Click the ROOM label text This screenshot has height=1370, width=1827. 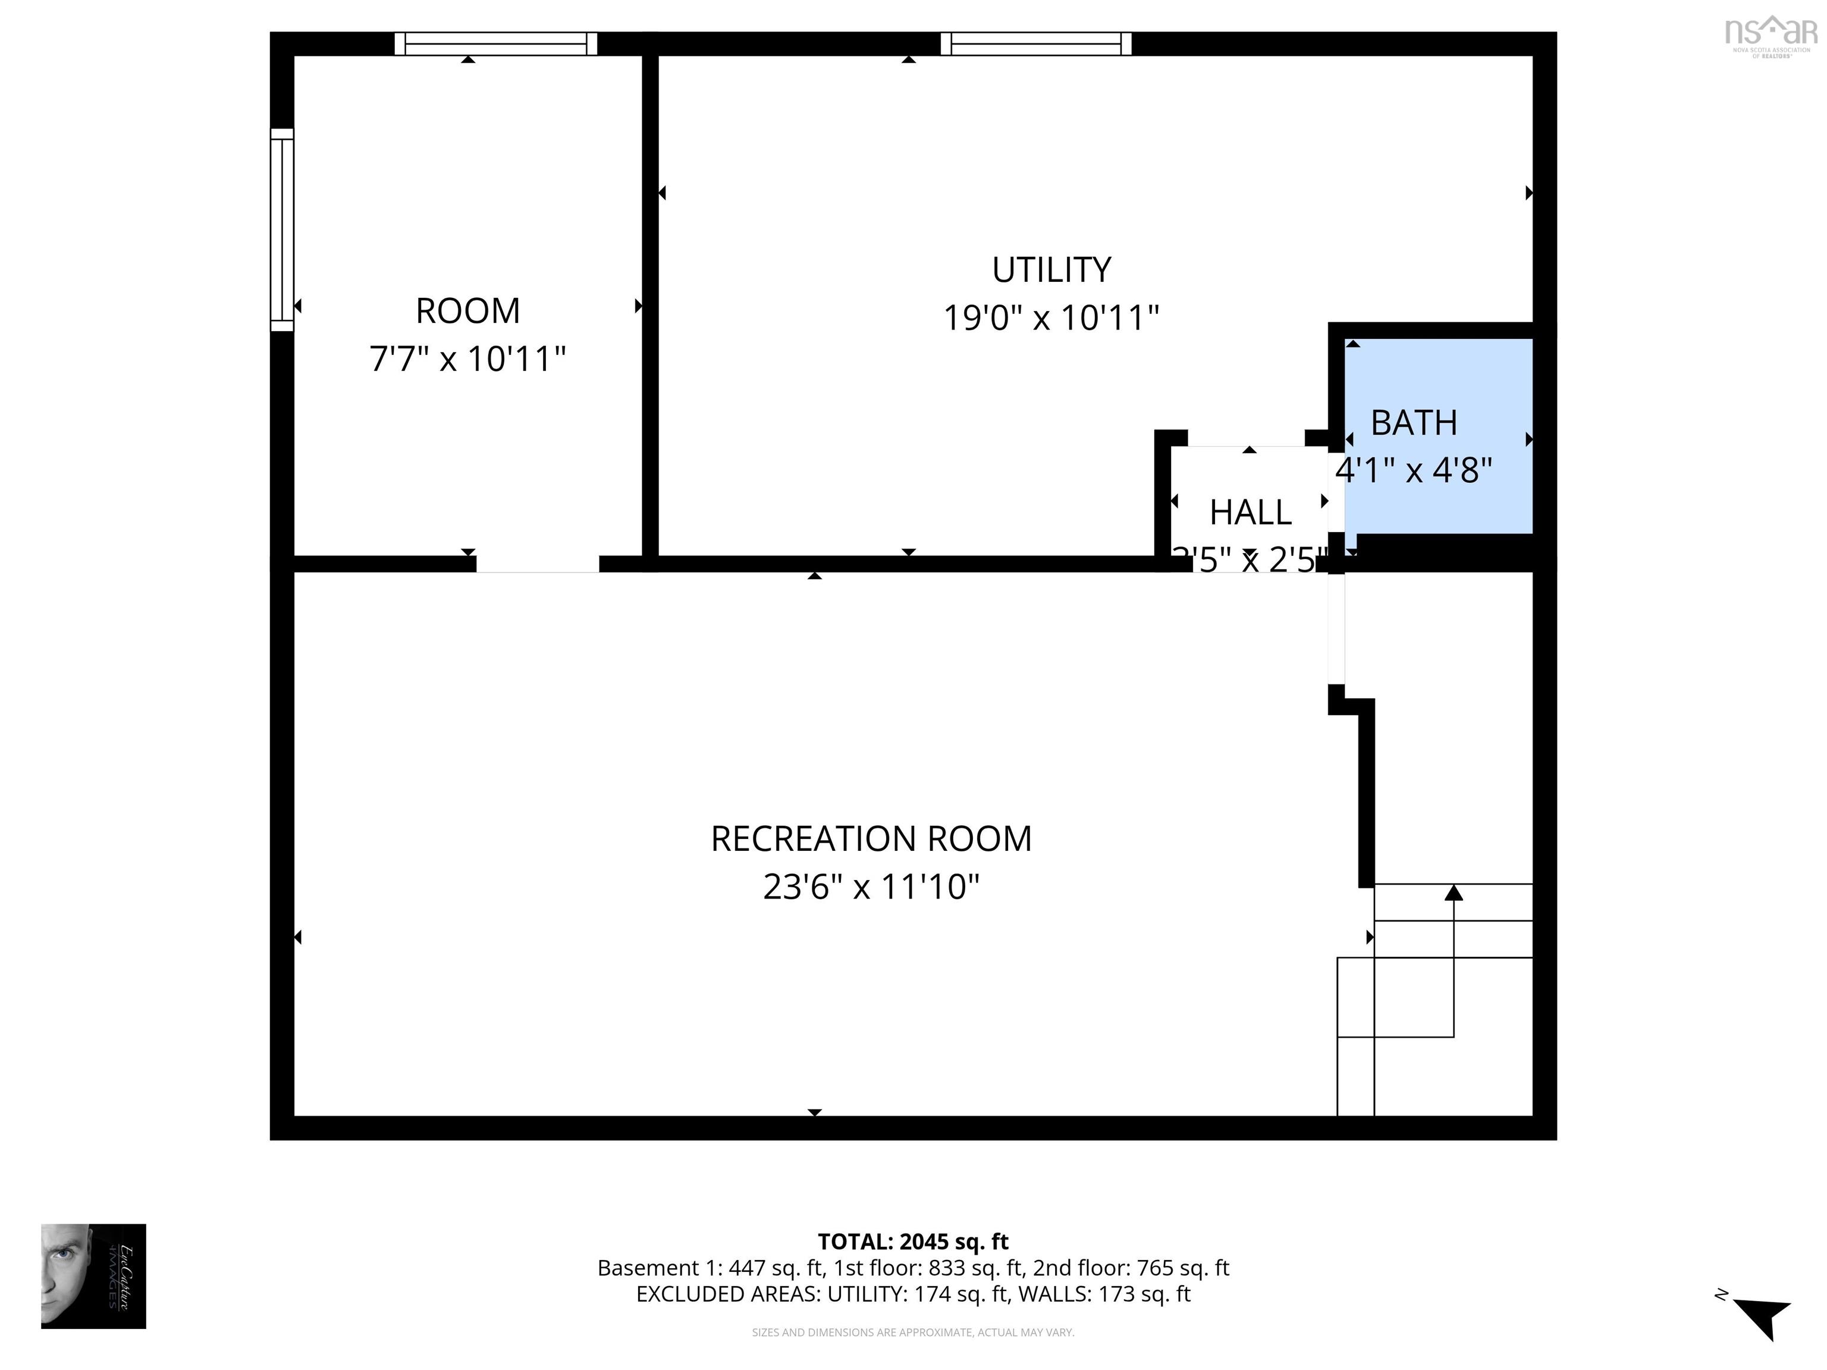(467, 312)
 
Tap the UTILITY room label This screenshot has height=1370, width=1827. (1051, 270)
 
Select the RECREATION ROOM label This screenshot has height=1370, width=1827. (871, 839)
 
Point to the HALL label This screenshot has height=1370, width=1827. (1250, 513)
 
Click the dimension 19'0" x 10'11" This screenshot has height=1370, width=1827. (1051, 318)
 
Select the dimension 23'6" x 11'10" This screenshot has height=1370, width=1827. (871, 887)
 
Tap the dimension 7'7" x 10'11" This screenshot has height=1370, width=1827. (467, 359)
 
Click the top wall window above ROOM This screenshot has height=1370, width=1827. (495, 44)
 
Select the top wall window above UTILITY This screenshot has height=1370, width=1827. (1036, 44)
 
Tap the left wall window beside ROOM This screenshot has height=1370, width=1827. (282, 230)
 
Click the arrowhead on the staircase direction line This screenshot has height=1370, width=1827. (1454, 893)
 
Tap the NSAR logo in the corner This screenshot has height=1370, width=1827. (1772, 34)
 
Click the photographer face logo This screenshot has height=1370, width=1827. (93, 1276)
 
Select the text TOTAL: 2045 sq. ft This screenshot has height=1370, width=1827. (913, 1241)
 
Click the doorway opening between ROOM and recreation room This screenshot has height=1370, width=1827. (537, 564)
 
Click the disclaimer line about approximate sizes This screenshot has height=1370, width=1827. (913, 1332)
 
